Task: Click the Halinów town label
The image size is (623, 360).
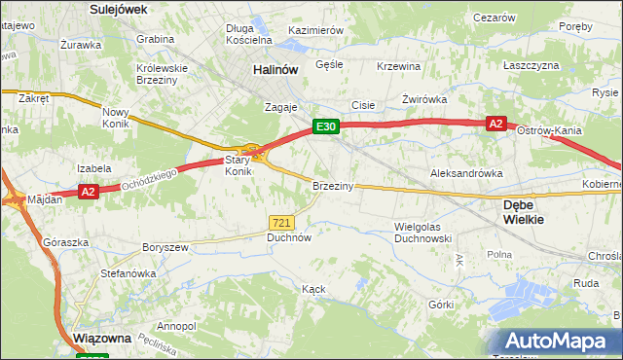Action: point(275,70)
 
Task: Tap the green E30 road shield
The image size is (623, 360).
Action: point(325,126)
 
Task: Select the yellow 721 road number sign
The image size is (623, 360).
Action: point(282,223)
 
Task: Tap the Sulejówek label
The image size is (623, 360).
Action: point(117,9)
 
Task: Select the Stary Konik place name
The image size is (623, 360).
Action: point(238,165)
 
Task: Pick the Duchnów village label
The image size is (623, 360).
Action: point(288,236)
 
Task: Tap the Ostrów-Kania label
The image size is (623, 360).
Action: point(549,130)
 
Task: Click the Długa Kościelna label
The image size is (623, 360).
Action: point(247,34)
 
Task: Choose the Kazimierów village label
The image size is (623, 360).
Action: point(315,30)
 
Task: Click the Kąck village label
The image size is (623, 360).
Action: point(312,289)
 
